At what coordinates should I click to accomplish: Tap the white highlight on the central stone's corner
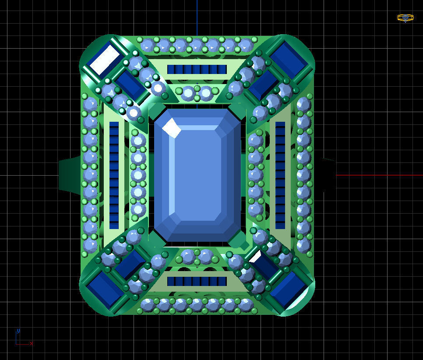[x=172, y=128]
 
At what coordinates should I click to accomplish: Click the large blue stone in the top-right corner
[x=289, y=60]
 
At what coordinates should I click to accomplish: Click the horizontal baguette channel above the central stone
[x=197, y=70]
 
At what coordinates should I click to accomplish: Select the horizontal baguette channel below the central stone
[x=197, y=281]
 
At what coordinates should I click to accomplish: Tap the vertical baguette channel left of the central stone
[x=114, y=175]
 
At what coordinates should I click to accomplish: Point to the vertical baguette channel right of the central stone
[x=280, y=175]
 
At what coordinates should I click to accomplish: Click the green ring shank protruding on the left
[x=69, y=174]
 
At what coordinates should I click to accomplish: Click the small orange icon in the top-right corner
[x=405, y=18]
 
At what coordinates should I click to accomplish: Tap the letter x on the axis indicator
[x=32, y=344]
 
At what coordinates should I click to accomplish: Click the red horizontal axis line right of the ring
[x=377, y=175]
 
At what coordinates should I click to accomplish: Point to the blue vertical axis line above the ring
[x=197, y=18]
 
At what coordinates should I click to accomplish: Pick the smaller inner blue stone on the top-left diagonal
[x=130, y=83]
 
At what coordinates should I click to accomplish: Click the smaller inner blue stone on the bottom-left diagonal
[x=130, y=264]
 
